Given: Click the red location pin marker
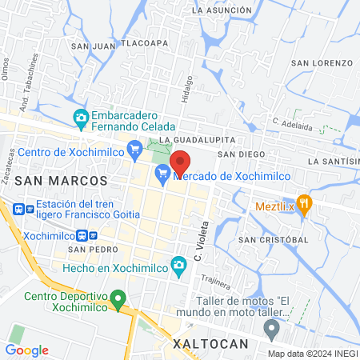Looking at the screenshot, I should (180, 162).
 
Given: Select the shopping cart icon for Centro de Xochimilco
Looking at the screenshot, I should (135, 148).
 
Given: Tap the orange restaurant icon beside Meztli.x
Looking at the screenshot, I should (303, 202).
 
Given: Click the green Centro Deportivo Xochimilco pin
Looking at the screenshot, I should (118, 302).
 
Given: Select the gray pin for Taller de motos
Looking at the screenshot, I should (272, 328).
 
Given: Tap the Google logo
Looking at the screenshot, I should (26, 350).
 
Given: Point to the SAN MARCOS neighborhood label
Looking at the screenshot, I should (62, 180).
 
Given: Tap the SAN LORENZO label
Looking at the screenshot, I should (322, 62).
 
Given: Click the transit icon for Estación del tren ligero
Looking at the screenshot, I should (20, 210).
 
